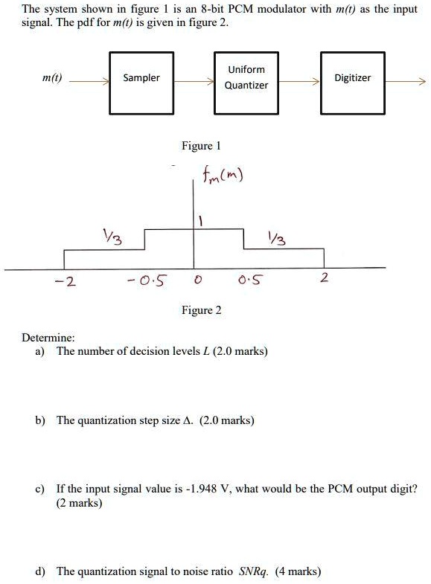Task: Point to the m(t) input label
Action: pyautogui.click(x=52, y=78)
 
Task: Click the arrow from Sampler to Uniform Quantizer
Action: pyautogui.click(x=194, y=81)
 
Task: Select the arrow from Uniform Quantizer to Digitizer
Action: pyautogui.click(x=299, y=81)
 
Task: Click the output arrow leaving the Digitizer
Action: pyautogui.click(x=405, y=81)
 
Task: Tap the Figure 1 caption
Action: pyautogui.click(x=201, y=146)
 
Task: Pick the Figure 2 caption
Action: pyautogui.click(x=201, y=310)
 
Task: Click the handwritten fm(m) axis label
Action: pyautogui.click(x=223, y=174)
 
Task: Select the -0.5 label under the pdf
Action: pyautogui.click(x=147, y=280)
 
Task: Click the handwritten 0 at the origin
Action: pyautogui.click(x=198, y=279)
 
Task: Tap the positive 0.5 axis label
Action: pyautogui.click(x=250, y=279)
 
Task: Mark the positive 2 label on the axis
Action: pyautogui.click(x=324, y=277)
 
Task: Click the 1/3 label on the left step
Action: pyautogui.click(x=113, y=237)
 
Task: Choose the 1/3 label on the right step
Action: pyautogui.click(x=277, y=238)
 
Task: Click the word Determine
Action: pyautogui.click(x=48, y=338)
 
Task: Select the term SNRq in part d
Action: pyautogui.click(x=253, y=571)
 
